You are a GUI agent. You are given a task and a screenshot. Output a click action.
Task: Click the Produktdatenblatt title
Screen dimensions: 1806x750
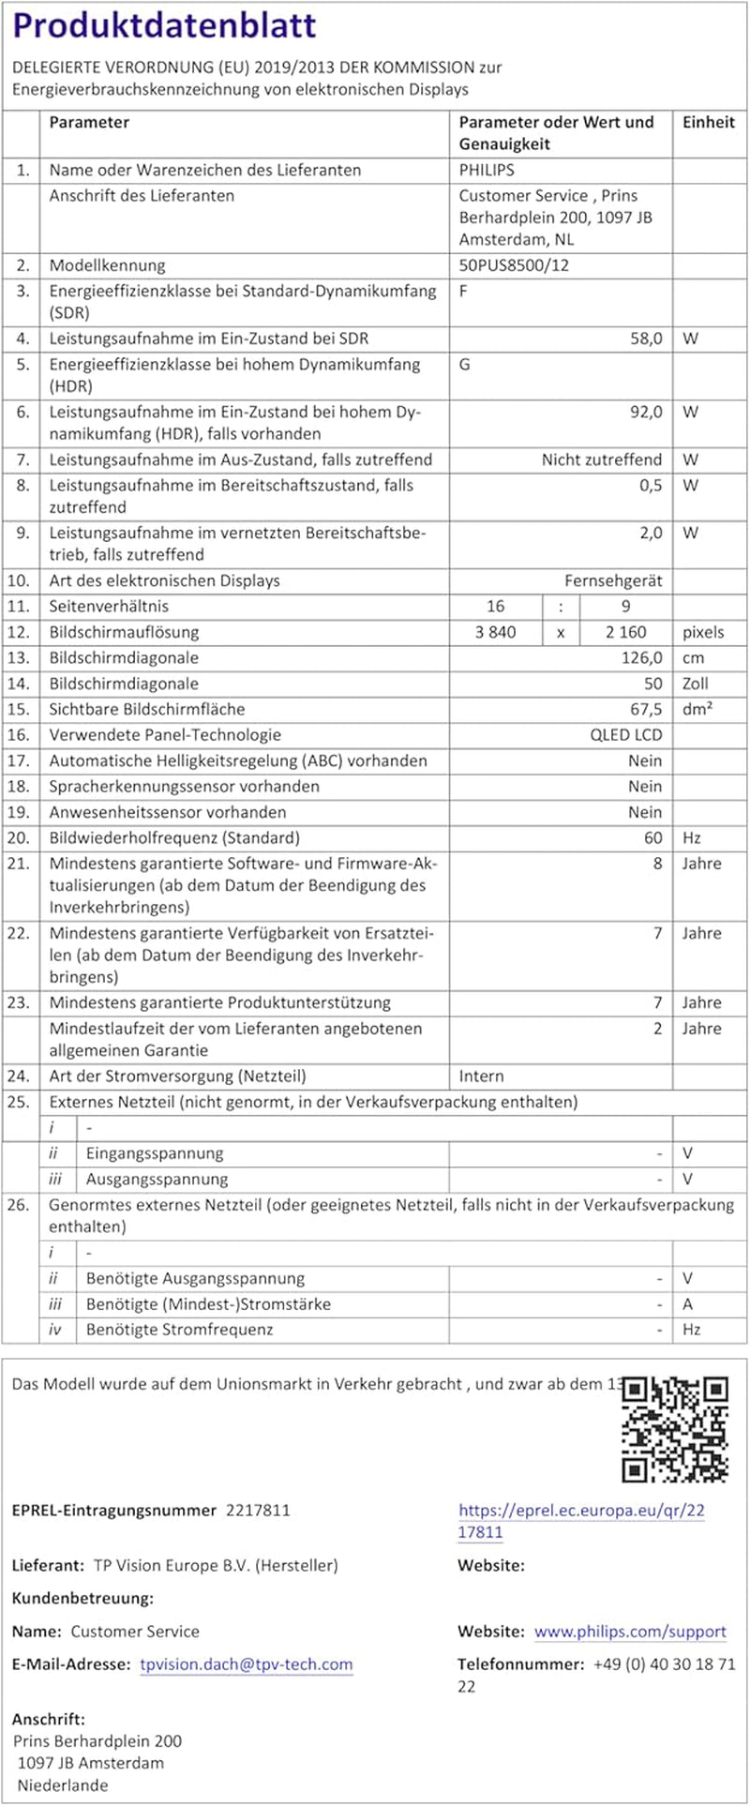[x=164, y=26]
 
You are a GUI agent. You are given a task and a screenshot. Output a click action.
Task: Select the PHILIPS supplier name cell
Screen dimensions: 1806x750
[x=487, y=170]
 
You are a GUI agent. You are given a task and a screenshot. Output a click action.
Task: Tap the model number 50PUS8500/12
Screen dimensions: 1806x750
[x=514, y=265]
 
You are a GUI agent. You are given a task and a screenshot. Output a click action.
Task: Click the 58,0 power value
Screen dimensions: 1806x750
[x=646, y=339]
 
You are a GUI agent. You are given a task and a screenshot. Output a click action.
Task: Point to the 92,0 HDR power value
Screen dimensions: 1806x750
[x=646, y=412]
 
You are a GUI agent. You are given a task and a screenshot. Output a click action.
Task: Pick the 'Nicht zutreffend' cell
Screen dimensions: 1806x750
[x=602, y=459]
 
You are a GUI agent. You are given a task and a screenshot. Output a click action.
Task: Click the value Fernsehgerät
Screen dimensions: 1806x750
[x=613, y=580]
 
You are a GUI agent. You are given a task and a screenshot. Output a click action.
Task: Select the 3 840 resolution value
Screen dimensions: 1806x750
[x=496, y=632]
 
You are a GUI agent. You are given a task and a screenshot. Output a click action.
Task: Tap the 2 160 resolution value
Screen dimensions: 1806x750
[x=625, y=632]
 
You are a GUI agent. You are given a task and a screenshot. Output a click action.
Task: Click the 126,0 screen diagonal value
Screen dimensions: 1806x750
[x=642, y=657]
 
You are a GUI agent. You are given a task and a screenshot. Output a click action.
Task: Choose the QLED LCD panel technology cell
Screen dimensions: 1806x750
[x=625, y=735]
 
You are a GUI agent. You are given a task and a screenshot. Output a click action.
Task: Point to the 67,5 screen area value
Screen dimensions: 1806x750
[x=646, y=709]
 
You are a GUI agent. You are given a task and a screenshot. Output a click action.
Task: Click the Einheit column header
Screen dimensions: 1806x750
[x=709, y=122]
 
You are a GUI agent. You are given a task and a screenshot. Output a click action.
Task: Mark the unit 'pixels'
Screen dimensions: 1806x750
[x=703, y=632]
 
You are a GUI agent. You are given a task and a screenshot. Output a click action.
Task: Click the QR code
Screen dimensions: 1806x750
[x=675, y=1429]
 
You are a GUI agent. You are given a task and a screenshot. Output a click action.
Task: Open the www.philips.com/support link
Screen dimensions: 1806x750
[x=630, y=1631]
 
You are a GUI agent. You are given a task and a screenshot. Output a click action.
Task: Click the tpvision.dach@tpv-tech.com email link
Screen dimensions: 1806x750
[x=247, y=1663]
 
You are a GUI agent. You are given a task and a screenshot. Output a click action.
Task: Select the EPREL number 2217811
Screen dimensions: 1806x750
[x=258, y=1510]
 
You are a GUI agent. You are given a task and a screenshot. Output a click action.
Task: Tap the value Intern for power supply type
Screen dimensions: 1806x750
[x=481, y=1076]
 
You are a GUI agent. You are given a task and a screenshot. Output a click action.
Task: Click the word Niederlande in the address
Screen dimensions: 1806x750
[x=63, y=1784]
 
